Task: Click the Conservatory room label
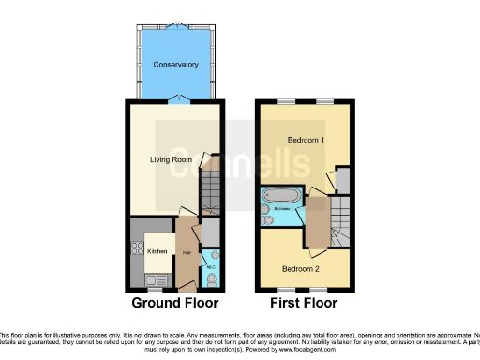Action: point(176,65)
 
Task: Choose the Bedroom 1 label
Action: point(306,140)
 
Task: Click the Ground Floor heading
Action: point(174,303)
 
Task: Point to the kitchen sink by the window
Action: point(156,278)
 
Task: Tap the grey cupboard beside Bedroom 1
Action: point(342,179)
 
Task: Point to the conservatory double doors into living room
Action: point(175,99)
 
